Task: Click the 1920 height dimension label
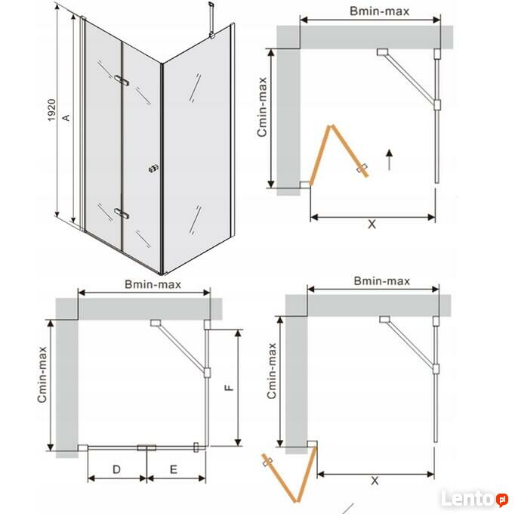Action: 51,110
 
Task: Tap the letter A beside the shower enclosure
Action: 66,117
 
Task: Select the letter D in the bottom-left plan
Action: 116,469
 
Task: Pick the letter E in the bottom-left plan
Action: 174,469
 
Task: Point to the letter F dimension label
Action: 229,388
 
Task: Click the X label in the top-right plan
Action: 372,224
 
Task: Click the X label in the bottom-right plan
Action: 375,481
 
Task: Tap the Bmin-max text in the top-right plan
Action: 379,11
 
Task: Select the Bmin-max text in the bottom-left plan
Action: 153,284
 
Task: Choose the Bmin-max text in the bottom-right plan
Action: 381,281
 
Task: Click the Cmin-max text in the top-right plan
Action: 262,107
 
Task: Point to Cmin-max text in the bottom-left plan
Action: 42,374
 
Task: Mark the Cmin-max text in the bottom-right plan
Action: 271,371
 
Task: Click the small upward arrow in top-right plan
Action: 389,159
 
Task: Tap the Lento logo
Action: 475,499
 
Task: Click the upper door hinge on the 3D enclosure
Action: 122,80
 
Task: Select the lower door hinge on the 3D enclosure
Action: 122,213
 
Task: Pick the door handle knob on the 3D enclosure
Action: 153,169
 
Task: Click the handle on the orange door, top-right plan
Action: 362,168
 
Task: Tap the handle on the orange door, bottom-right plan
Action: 267,461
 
